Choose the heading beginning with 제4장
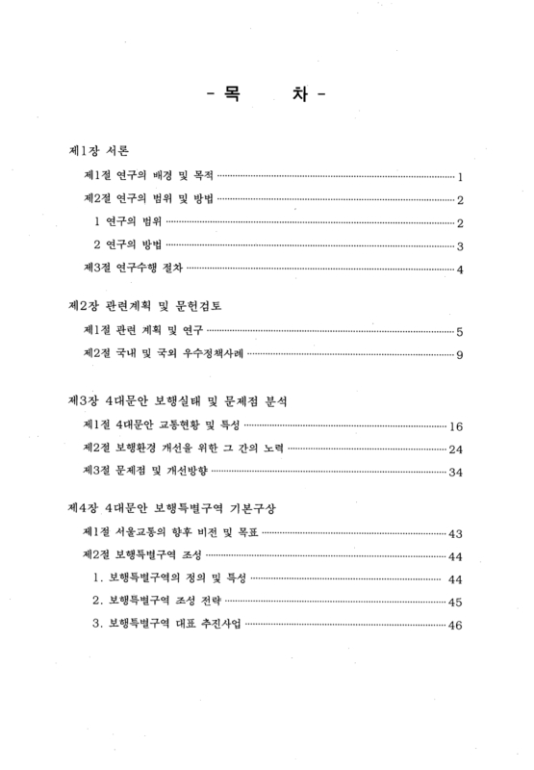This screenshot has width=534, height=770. [x=173, y=507]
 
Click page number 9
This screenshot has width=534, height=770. [x=461, y=356]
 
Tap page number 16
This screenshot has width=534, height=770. [x=457, y=425]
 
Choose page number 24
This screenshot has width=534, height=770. [x=457, y=449]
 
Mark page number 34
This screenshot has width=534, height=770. [x=457, y=472]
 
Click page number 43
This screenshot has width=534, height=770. [x=457, y=534]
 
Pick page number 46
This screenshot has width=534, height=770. [x=456, y=626]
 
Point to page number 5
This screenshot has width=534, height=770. [x=461, y=333]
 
